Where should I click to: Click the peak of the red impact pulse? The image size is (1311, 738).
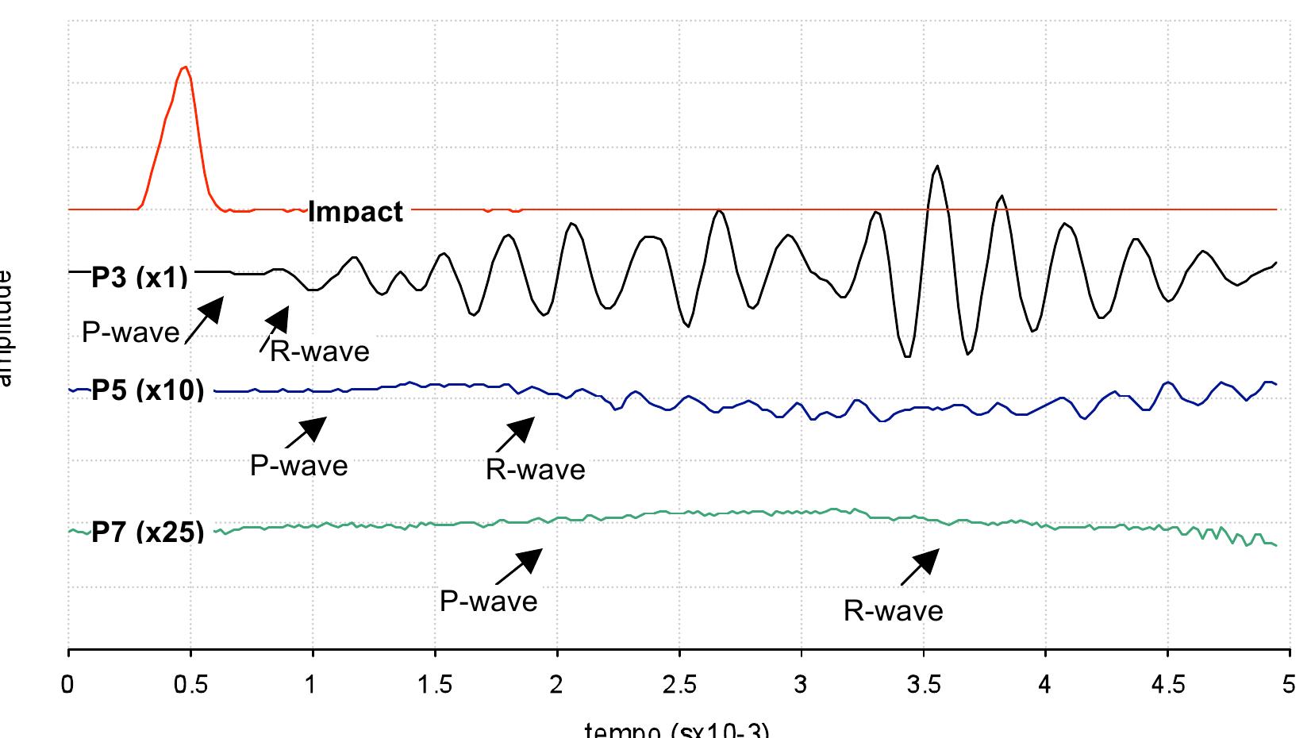pos(184,68)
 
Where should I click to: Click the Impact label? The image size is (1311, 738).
pos(355,212)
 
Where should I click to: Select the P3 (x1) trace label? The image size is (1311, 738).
pos(140,277)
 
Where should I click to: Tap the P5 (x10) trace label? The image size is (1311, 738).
pos(148,390)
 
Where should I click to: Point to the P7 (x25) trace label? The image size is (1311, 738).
pos(148,532)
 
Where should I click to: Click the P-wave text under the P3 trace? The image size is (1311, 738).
pos(131,332)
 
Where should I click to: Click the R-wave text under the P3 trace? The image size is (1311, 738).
pos(319,351)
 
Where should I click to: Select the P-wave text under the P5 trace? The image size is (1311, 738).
pos(298,465)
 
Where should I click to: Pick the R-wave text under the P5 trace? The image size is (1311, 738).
pos(535,470)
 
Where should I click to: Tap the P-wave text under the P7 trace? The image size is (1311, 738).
pos(488,601)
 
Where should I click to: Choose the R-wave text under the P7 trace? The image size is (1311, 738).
pos(893,610)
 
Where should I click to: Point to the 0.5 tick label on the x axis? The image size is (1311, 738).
pos(190,684)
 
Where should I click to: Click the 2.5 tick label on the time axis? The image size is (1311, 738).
pos(679,684)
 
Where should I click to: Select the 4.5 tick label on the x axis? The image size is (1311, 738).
pos(1167,684)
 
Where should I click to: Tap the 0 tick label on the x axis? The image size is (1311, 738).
pos(69,684)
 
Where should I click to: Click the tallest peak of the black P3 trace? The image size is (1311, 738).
pos(937,166)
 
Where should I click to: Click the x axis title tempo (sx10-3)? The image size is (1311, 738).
pos(676,730)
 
